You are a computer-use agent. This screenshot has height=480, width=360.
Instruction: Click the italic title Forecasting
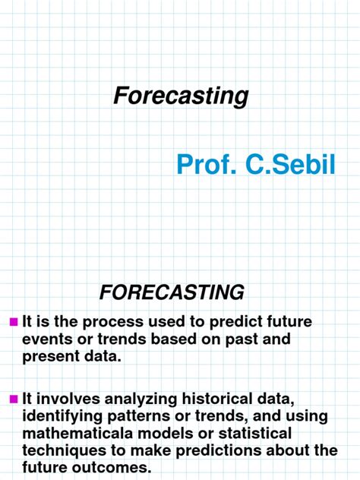tap(181, 96)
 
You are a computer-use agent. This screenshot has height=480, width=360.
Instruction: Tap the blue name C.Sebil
tap(291, 163)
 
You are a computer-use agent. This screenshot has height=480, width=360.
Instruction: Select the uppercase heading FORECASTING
tap(172, 292)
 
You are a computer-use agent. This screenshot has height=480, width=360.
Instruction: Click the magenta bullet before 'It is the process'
tap(13, 322)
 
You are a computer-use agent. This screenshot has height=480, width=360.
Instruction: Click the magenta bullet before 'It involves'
tap(13, 398)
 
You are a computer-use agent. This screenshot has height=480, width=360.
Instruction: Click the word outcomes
tap(118, 467)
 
